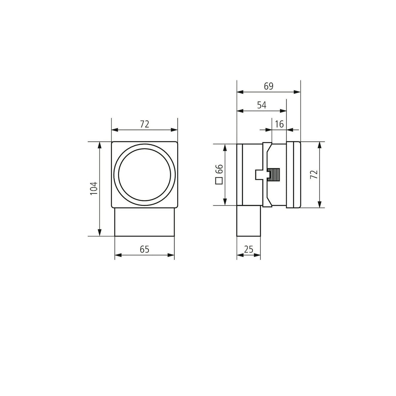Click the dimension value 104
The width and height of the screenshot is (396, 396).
tap(94, 188)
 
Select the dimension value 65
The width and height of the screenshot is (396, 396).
tap(145, 249)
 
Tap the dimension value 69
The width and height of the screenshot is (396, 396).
tap(269, 86)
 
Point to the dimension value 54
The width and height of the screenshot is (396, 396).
tap(262, 105)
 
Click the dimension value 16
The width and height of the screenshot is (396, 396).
tap(279, 124)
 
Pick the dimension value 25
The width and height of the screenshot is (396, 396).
tap(248, 249)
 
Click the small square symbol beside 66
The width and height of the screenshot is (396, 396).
tap(219, 181)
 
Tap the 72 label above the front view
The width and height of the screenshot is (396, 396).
tap(145, 124)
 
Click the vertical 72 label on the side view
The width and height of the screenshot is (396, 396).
tap(314, 175)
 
